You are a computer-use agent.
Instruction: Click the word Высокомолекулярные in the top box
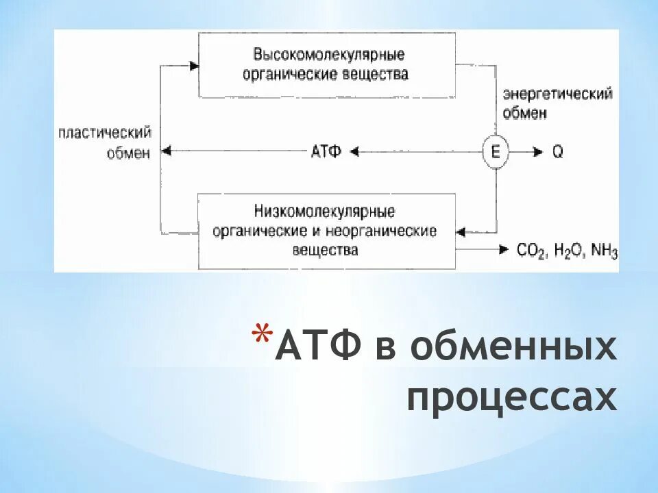[328, 55]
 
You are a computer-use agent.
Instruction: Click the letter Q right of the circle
[558, 152]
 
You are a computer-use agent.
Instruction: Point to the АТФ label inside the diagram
[326, 152]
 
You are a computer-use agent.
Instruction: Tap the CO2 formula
[532, 251]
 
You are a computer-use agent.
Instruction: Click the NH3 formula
[604, 251]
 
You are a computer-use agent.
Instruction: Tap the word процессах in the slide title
[511, 398]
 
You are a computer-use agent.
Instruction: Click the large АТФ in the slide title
[319, 349]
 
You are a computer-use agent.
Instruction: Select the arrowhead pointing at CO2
[504, 249]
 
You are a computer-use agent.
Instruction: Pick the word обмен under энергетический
[524, 114]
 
